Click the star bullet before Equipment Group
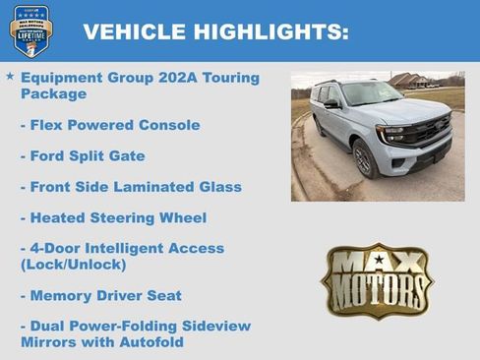click(10, 76)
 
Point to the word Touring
click(227, 78)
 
